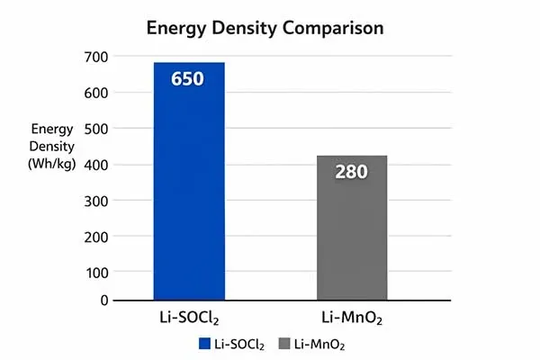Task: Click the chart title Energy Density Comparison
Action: pyautogui.click(x=265, y=28)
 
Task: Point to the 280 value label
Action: pyautogui.click(x=352, y=171)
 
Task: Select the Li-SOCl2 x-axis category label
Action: pyautogui.click(x=188, y=319)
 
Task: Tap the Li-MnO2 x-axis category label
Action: pyautogui.click(x=351, y=319)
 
